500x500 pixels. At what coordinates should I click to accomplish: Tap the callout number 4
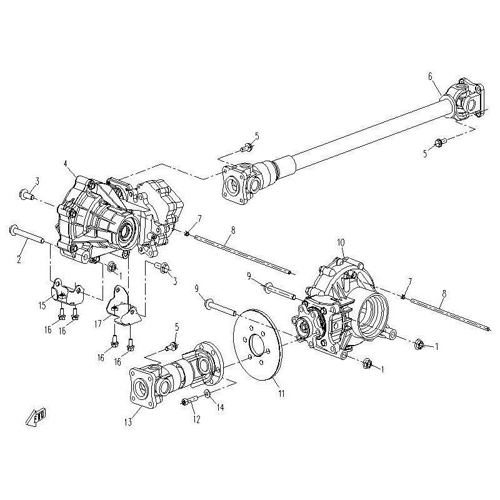(x=66, y=164)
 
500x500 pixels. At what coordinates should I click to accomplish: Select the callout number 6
(x=430, y=76)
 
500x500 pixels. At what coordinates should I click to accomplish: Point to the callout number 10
(x=341, y=242)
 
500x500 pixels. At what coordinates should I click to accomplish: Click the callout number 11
(x=281, y=393)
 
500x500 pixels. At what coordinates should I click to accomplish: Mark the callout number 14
(x=219, y=408)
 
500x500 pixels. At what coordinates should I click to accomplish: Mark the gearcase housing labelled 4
(x=106, y=212)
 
